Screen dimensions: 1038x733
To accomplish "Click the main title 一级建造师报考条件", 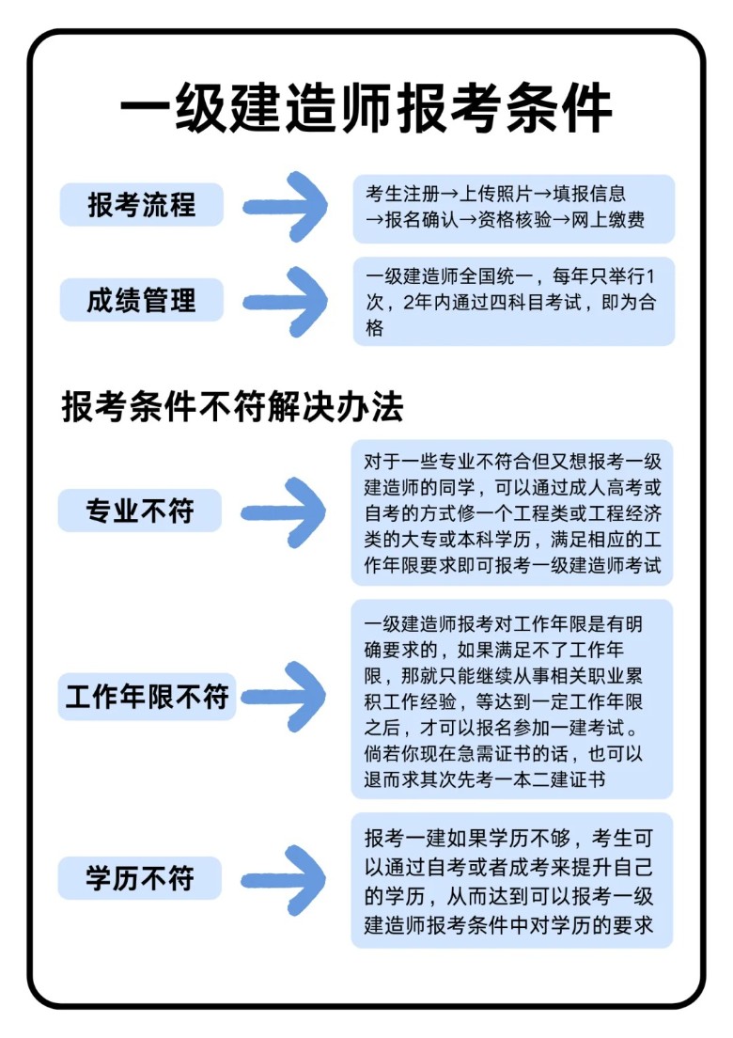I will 366,110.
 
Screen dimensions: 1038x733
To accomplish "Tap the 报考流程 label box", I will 142,205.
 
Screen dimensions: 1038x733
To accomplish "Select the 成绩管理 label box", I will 142,301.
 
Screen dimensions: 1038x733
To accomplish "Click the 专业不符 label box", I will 140,511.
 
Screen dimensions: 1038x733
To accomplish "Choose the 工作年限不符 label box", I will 148,697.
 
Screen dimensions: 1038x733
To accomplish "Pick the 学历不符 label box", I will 140,878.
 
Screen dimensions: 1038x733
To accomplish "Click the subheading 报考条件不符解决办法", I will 233,407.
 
